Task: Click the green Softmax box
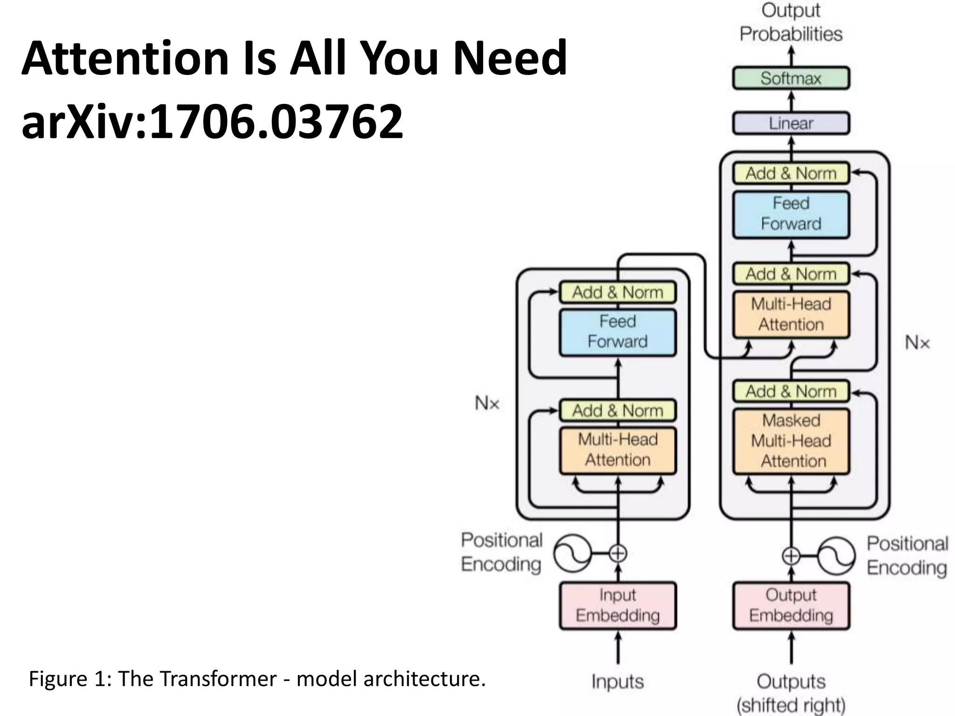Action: [x=791, y=78]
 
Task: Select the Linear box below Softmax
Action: [x=791, y=124]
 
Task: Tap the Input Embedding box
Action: [x=617, y=606]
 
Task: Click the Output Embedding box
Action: [x=791, y=606]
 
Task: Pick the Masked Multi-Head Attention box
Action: [x=791, y=441]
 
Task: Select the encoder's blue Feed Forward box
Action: [x=617, y=332]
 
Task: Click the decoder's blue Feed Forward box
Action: [x=791, y=214]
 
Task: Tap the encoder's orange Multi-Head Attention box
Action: [x=617, y=450]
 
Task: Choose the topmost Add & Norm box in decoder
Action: [x=791, y=173]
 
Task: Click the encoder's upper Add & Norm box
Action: [x=617, y=292]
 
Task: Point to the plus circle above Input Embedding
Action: [x=618, y=554]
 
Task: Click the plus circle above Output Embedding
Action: [x=791, y=556]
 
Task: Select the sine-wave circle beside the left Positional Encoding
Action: [x=572, y=554]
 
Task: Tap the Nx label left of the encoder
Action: [x=487, y=403]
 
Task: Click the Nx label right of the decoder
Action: [x=917, y=343]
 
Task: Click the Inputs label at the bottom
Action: [x=617, y=682]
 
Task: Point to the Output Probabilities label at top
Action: [x=791, y=22]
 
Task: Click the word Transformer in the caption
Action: [x=218, y=679]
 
